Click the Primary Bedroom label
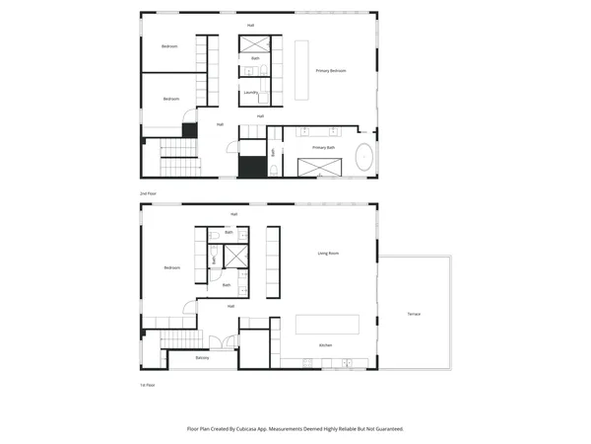click(x=331, y=71)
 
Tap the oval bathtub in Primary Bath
click(x=364, y=158)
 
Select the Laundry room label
click(x=250, y=94)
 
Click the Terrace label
click(x=414, y=314)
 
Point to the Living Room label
click(x=328, y=254)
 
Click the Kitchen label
click(x=325, y=344)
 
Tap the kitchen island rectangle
click(x=328, y=325)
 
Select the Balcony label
click(x=202, y=357)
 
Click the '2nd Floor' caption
click(x=149, y=193)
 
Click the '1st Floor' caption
click(x=148, y=385)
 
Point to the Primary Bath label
click(x=324, y=147)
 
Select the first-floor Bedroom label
click(x=171, y=267)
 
